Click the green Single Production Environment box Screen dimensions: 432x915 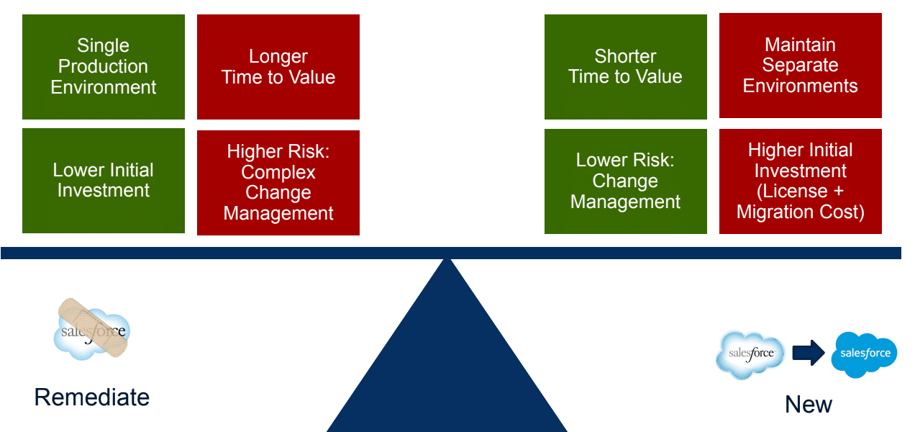coord(104,67)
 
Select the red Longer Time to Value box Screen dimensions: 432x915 coord(278,67)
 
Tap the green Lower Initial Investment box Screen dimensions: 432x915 coord(104,181)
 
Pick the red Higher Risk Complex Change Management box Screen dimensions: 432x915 coord(278,183)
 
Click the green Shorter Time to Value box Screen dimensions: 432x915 coord(625,67)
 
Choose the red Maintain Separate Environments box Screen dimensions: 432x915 coord(800,66)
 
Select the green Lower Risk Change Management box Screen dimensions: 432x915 coord(625,181)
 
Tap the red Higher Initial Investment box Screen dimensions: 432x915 coord(800,181)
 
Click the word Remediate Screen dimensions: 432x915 coord(92,397)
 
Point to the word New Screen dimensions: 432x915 coord(808,405)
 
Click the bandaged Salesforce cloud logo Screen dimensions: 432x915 coord(92,330)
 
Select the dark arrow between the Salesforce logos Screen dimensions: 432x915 coord(808,354)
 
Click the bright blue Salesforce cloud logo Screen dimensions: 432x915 coord(864,354)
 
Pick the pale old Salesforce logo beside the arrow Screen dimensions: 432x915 coord(750,354)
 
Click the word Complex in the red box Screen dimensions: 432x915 coord(278,173)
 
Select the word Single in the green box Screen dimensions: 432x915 coord(104,46)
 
